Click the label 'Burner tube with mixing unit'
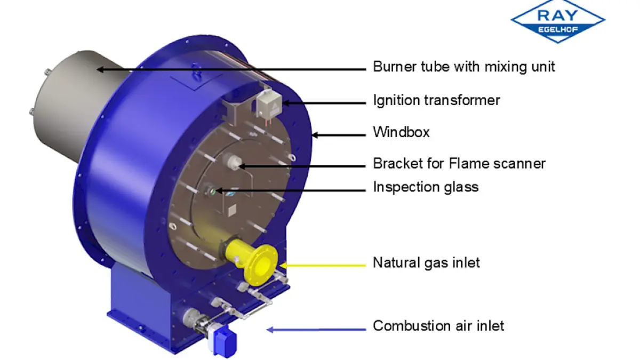(463, 67)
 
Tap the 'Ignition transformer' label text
(437, 101)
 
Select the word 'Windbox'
(401, 132)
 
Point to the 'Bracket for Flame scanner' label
(459, 164)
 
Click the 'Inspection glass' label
(426, 187)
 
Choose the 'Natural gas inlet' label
(426, 263)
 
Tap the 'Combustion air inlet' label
(438, 326)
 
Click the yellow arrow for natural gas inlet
(323, 266)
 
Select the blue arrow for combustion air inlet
(316, 330)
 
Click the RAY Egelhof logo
(558, 21)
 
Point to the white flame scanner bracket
(234, 162)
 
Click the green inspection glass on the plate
(213, 191)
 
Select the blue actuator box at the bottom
(225, 341)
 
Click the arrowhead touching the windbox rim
(315, 135)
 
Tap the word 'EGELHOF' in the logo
(558, 29)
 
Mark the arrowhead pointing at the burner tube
(100, 69)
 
